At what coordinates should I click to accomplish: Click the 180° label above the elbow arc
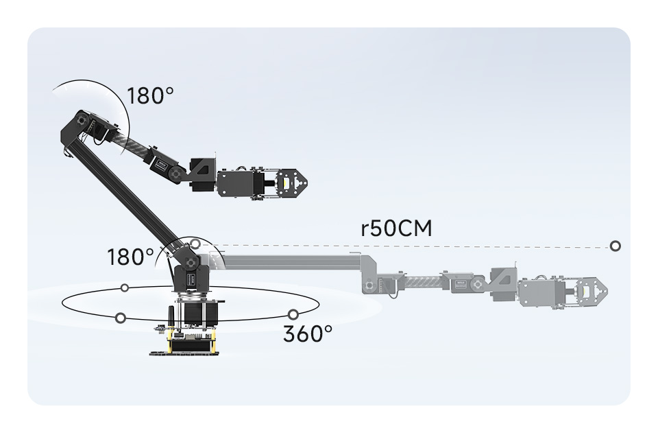[x=146, y=95]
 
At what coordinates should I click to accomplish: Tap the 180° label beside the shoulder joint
[x=131, y=257]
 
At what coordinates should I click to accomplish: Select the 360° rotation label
[x=308, y=334]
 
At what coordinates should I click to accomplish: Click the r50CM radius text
[x=396, y=228]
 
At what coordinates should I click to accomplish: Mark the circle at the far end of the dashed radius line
[x=615, y=246]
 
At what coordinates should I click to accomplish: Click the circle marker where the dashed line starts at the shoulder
[x=195, y=244]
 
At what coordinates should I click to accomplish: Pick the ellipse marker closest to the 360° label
[x=293, y=314]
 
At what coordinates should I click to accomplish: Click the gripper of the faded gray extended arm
[x=591, y=291]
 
